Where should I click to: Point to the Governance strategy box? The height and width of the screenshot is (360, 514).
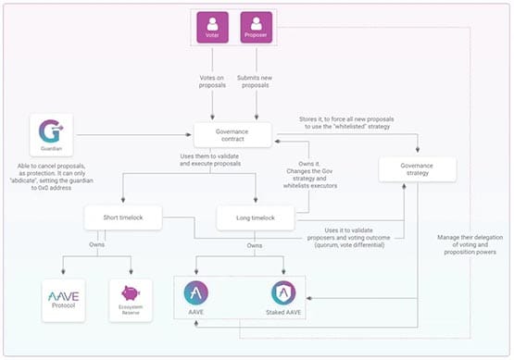pos(418,169)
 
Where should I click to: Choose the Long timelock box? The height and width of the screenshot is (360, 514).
pos(255,218)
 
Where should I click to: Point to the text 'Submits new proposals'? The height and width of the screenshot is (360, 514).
pos(259,81)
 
